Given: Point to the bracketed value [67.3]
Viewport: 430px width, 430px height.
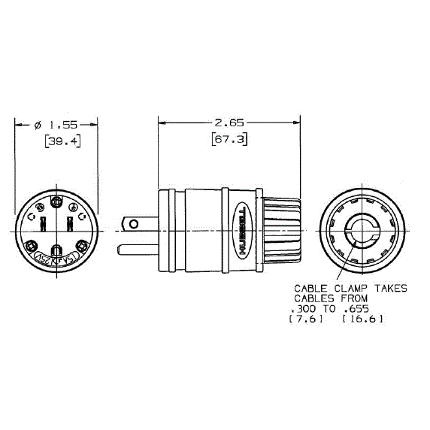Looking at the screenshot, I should pyautogui.click(x=229, y=141).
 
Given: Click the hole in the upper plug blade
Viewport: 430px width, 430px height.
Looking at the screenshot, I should pyautogui.click(x=134, y=224).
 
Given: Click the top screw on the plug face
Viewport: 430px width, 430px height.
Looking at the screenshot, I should pyautogui.click(x=56, y=201).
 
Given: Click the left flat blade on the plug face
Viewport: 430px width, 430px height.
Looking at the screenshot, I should pyautogui.click(x=43, y=223).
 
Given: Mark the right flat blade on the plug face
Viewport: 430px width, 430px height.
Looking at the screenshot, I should pyautogui.click(x=69, y=223).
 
